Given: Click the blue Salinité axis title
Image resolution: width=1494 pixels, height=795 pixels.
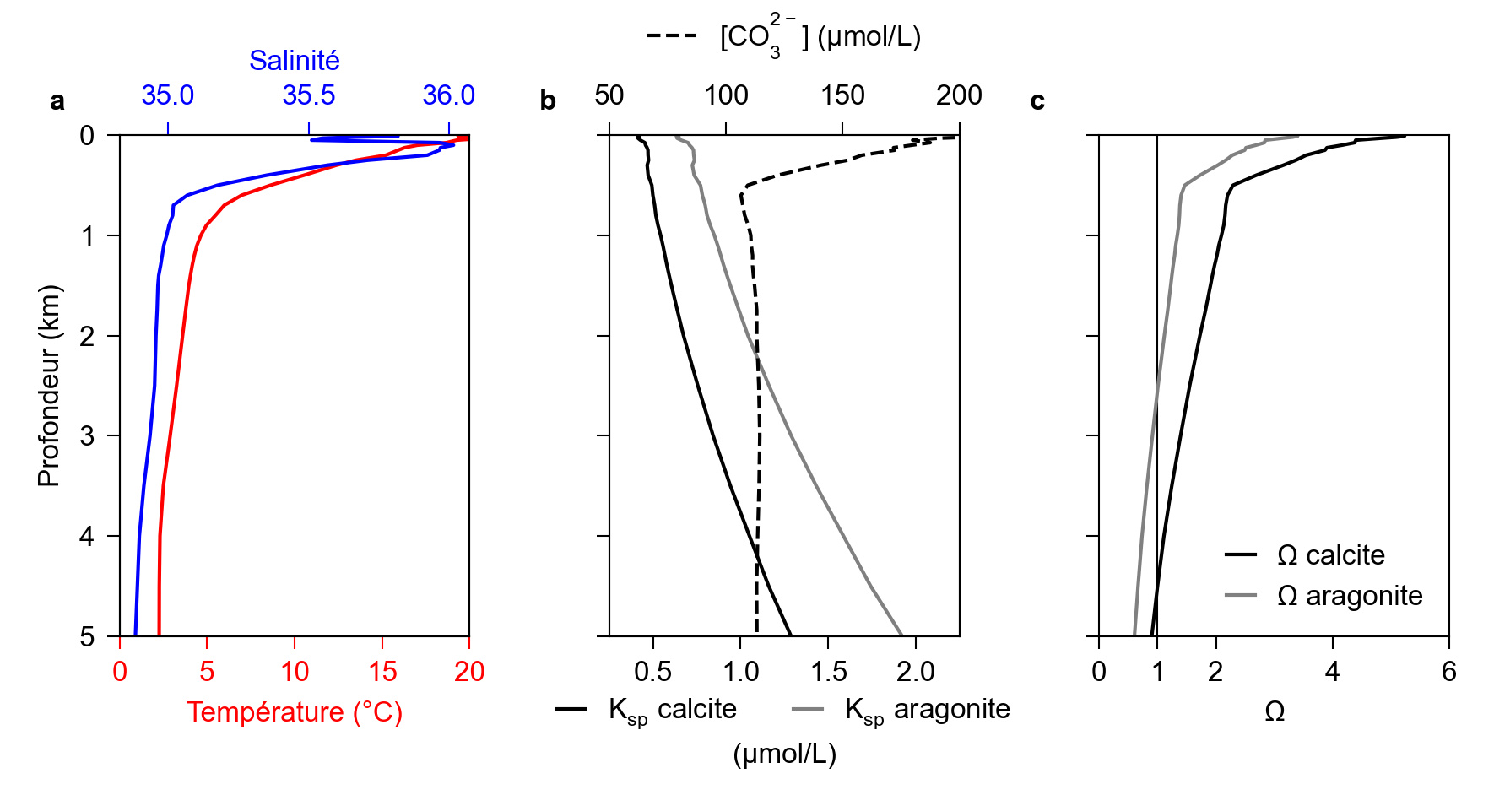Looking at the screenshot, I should [294, 61].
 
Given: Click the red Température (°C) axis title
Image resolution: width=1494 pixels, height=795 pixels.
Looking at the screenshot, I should [295, 712].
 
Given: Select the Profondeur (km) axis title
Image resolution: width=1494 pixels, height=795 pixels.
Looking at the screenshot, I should [49, 386].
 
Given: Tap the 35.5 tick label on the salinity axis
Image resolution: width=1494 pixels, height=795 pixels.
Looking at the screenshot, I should [308, 95].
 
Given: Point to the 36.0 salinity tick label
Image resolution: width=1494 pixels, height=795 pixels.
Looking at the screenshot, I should [448, 95].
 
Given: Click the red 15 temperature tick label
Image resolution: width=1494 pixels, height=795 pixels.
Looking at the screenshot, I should [382, 672].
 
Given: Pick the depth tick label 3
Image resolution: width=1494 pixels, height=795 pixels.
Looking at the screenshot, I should [88, 436].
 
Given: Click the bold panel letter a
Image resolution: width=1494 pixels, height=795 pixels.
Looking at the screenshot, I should [57, 101].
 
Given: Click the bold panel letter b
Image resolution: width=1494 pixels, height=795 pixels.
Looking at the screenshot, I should [548, 101].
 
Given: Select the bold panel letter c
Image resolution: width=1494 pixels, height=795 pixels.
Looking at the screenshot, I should [1037, 101].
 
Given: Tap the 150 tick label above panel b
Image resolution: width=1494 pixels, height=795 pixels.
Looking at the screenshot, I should [842, 95].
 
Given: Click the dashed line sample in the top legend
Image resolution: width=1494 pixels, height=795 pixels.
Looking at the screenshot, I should [672, 36].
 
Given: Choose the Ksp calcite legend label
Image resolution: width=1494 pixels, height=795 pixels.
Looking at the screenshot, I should [673, 710].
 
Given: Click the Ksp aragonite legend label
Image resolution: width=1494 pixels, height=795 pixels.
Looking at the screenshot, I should [927, 710].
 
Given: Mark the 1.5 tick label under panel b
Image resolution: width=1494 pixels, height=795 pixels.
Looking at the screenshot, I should [828, 672].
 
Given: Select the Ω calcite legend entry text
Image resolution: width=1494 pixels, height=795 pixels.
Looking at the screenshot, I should [1331, 555].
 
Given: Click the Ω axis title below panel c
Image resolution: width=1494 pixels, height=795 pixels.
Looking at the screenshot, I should [1275, 711].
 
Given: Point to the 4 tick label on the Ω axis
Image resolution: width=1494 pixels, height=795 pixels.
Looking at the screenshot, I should [1332, 672].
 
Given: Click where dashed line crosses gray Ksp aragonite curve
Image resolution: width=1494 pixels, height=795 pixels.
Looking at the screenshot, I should [758, 362].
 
